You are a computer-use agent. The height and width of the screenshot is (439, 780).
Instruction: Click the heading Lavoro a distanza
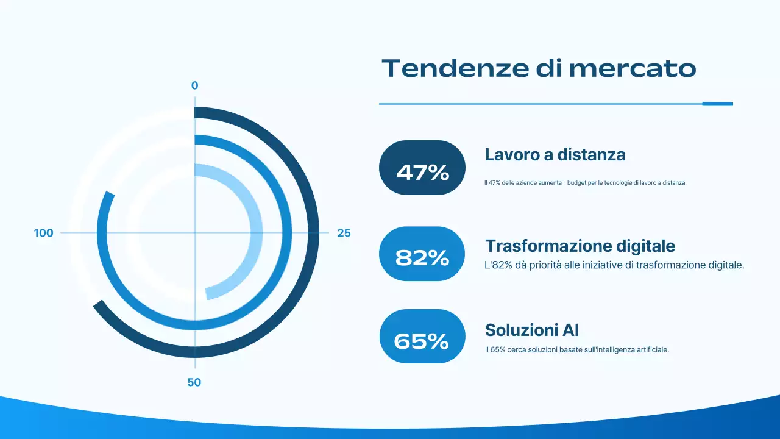pos(555,155)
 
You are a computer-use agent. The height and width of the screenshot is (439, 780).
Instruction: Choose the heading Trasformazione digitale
pos(580,246)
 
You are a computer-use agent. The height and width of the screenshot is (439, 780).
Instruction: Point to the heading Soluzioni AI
pos(532,330)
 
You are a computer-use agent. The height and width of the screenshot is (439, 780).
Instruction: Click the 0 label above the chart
pos(195,86)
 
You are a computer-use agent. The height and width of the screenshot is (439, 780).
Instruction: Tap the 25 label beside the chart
pos(344,233)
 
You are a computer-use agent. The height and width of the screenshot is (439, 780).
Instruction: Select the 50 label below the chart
pos(194,383)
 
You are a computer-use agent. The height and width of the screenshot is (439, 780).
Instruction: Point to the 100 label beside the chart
pos(44,233)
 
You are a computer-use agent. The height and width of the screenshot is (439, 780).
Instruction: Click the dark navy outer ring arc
pos(313,232)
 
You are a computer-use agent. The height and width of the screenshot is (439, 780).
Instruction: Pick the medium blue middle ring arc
pos(286,232)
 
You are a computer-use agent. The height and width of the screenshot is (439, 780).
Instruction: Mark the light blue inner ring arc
pos(258,232)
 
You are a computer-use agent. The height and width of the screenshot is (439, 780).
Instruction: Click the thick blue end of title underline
pos(717,104)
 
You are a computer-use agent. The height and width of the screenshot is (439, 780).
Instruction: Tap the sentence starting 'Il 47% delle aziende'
pos(586,183)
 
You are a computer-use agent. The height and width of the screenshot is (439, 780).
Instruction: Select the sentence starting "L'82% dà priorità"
pos(615,265)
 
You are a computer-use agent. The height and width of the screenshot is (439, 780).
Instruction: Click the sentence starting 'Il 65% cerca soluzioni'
pos(577,350)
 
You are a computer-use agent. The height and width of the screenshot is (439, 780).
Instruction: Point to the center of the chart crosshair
pos(195,232)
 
